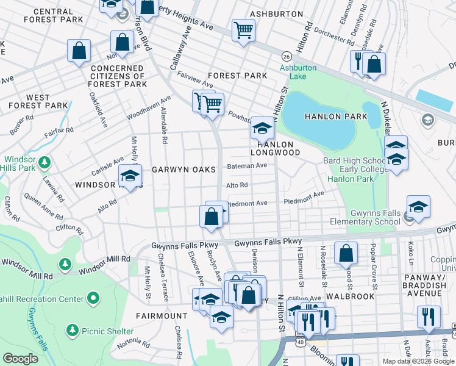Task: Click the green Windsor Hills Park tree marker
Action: (44, 162)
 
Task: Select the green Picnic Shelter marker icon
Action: (73, 330)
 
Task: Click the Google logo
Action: (21, 358)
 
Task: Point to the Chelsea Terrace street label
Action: (163, 278)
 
